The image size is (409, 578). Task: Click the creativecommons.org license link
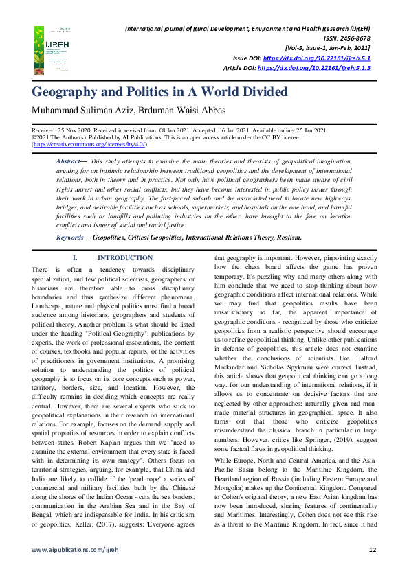89,145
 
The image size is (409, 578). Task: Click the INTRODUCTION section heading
125,258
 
